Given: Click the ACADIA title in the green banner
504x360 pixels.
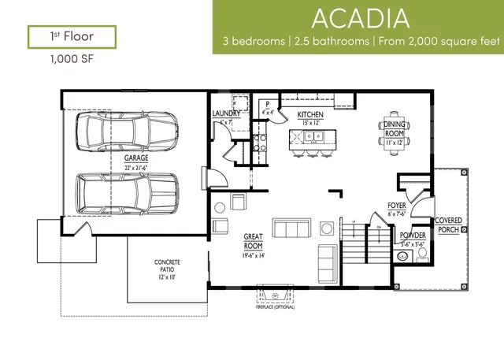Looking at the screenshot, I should tap(358, 17).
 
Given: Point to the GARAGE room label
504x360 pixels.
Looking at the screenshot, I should tap(135, 158).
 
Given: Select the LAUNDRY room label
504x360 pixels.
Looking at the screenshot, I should tap(226, 114).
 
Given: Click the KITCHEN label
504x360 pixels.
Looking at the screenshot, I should tap(310, 114).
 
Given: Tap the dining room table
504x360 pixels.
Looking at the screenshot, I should tap(395, 131).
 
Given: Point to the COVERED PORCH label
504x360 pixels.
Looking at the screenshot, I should tap(449, 225).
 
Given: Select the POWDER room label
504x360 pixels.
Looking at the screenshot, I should tap(413, 236).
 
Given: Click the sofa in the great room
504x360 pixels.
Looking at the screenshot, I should tap(291, 228).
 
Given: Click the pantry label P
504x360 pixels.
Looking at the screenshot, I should tap(268, 103).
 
